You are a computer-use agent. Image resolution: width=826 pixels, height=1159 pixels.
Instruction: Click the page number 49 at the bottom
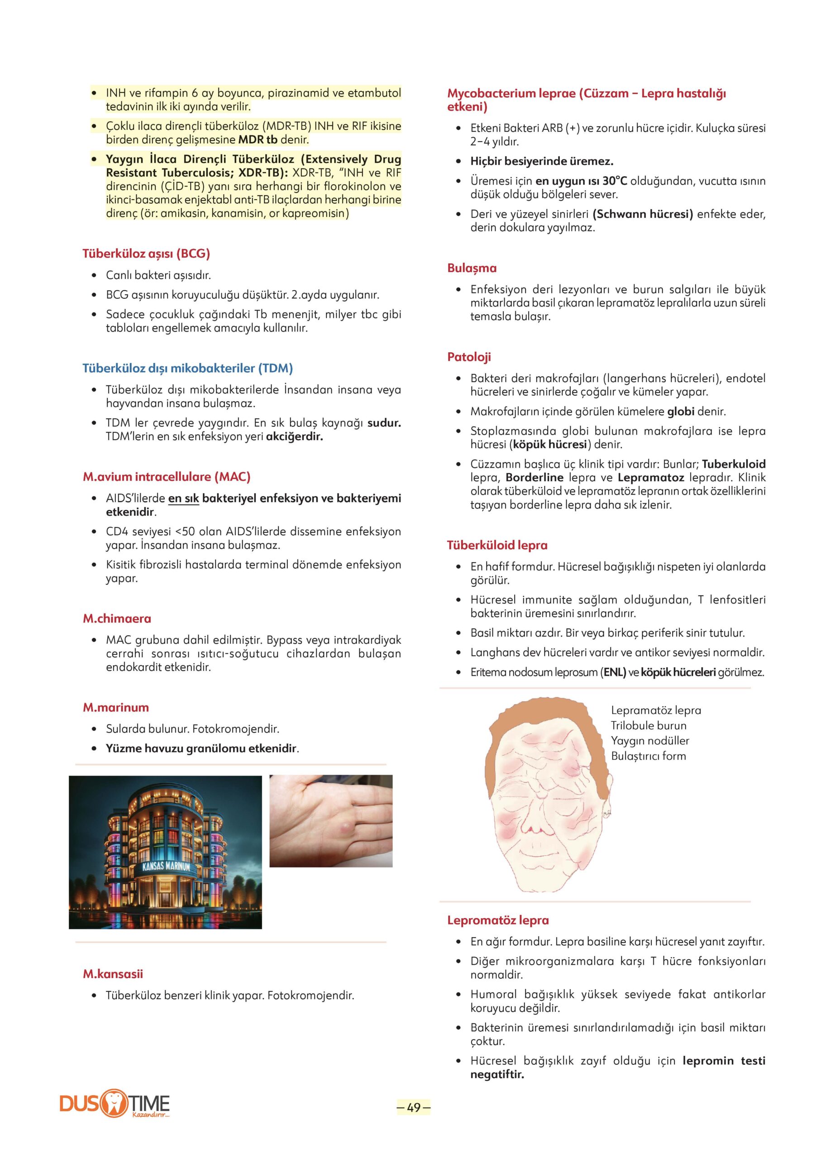coord(414,1107)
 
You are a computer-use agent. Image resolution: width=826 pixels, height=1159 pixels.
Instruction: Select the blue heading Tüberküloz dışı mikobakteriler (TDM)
coord(188,368)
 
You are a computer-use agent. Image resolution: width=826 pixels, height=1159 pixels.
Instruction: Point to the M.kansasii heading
coord(113,974)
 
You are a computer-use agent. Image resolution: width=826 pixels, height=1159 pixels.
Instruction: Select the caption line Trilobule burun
coord(649,726)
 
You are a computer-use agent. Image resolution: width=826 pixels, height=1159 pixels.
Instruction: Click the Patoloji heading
coord(469,357)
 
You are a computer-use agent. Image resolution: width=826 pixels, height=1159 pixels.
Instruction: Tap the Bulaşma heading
coord(472,268)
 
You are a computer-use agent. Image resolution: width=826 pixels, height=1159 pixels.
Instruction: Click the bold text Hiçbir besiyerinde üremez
coord(542,161)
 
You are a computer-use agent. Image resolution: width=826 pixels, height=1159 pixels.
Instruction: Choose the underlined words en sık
coord(183,498)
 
